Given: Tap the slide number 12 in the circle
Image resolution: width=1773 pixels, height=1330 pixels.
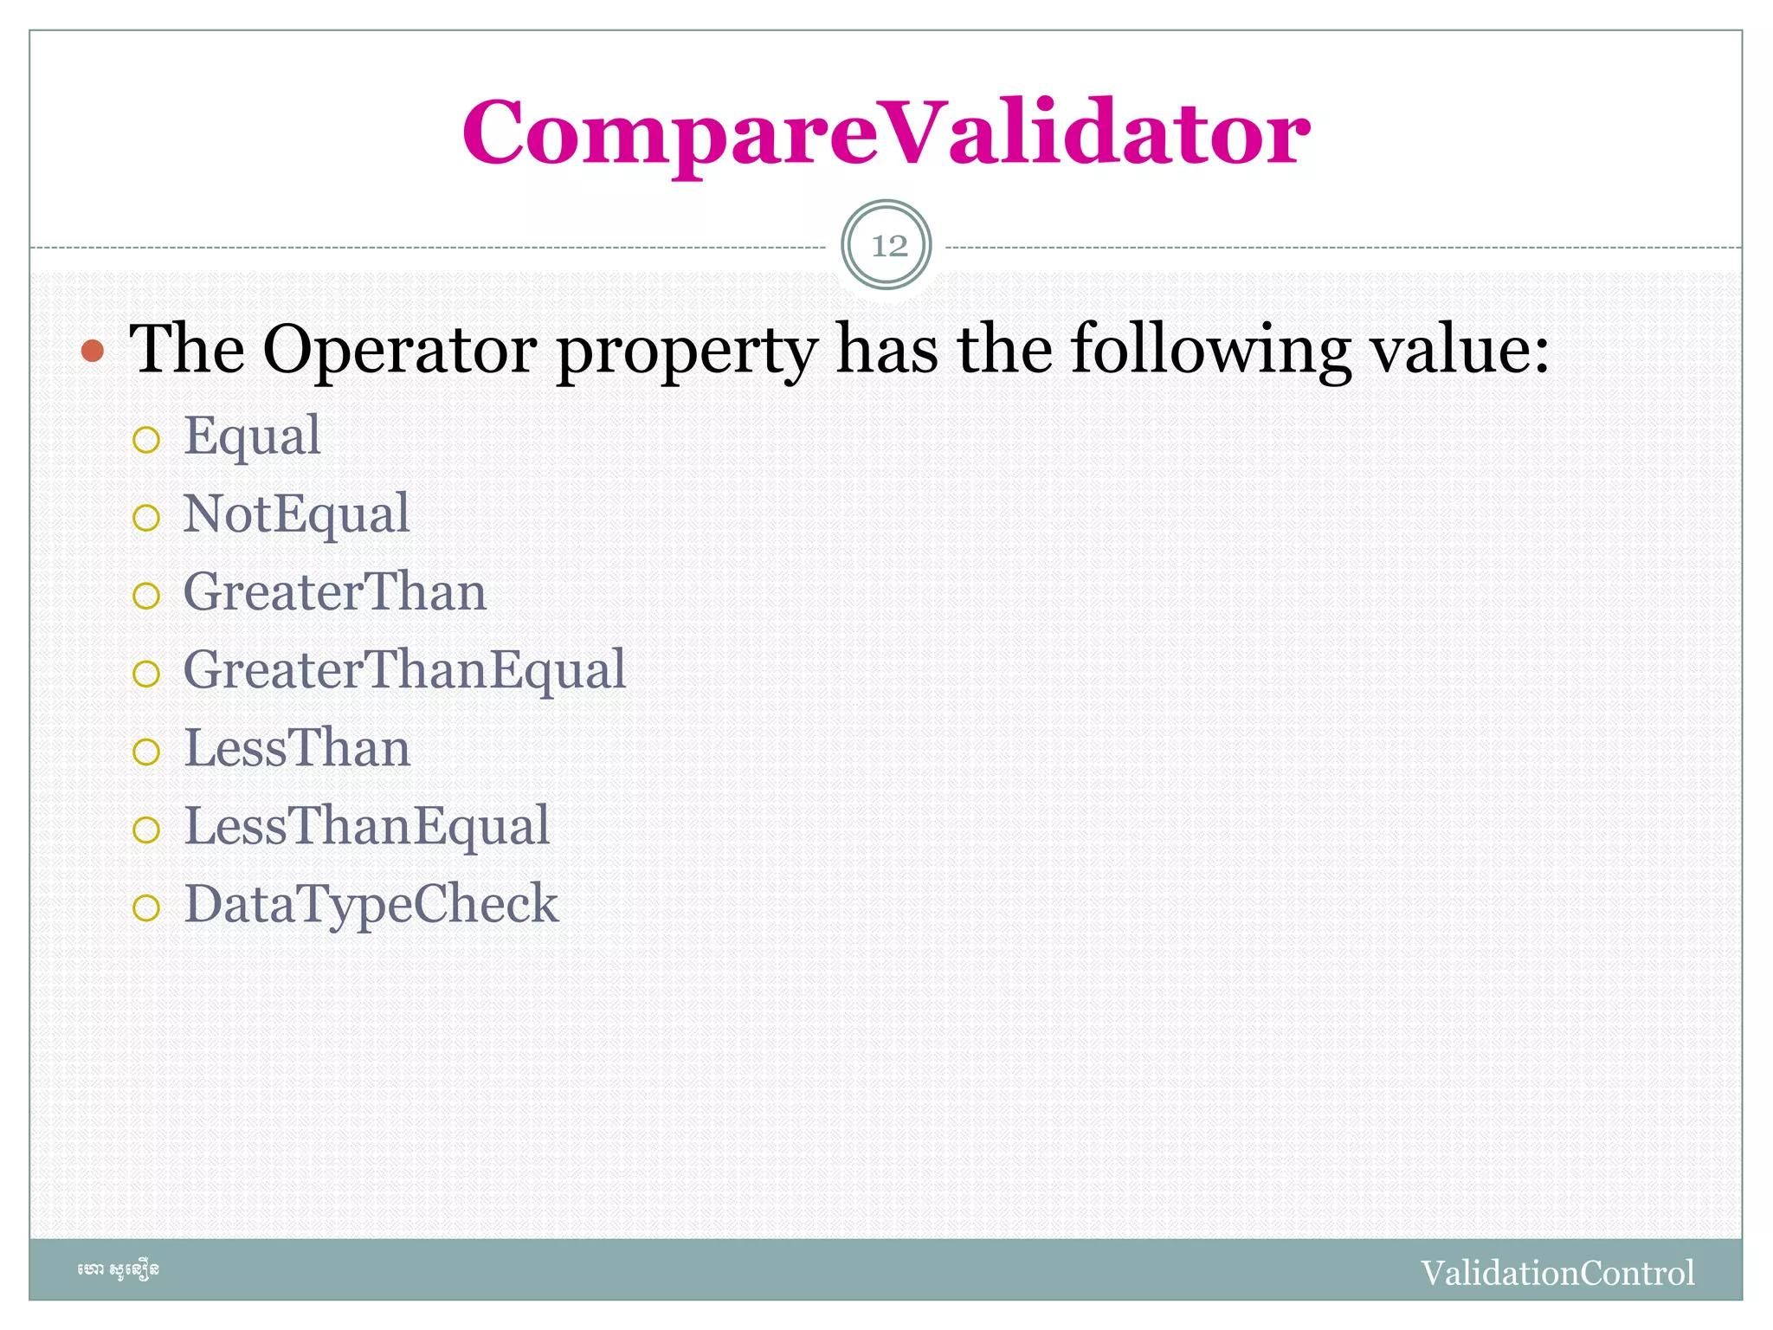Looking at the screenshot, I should pos(887,246).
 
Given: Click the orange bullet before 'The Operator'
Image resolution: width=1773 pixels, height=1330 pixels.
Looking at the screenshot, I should pos(93,351).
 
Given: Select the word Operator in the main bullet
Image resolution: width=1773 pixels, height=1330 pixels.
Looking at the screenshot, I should pos(400,349).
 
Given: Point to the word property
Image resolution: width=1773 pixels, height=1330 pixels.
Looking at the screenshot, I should pos(686,351).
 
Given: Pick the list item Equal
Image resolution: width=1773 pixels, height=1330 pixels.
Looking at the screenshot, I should pos(252,436).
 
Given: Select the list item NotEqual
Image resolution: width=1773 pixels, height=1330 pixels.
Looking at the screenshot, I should pos(296,514).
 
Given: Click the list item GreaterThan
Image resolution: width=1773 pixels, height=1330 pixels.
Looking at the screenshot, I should pos(334,592).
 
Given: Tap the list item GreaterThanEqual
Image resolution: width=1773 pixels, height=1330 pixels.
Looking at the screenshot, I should pos(404,670).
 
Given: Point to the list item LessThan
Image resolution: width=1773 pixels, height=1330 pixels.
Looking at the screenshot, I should pos(297,748).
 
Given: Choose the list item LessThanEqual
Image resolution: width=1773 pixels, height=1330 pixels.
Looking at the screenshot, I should pos(367,826).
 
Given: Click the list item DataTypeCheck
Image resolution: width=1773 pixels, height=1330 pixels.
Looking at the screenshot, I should pos(371,904).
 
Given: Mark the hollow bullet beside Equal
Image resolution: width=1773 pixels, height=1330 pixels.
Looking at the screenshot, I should pos(146,440).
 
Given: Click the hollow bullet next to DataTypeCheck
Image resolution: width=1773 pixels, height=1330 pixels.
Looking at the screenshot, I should pos(146,908).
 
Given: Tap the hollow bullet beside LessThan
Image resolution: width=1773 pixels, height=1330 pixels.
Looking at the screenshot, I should pos(146,752).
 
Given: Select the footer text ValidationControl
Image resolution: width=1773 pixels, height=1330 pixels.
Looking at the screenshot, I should pos(1557,1273).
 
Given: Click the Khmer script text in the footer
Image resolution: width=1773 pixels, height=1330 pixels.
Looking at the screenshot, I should pos(119,1270).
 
